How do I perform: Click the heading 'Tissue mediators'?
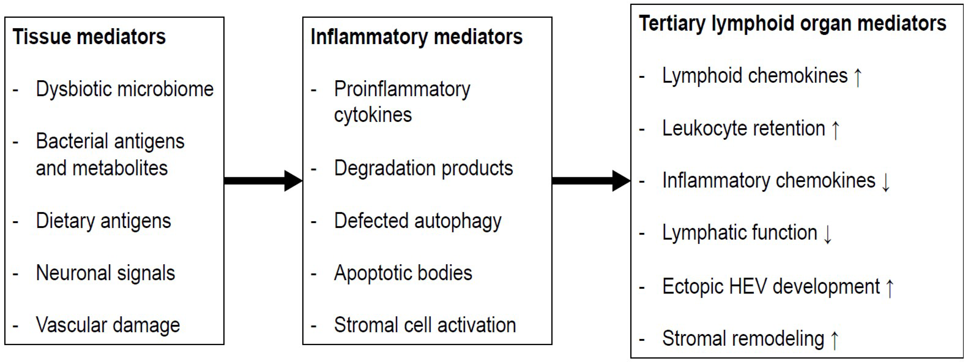tap(89, 37)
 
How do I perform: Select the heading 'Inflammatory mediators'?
tap(416, 37)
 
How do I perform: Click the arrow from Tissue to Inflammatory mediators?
tap(263, 181)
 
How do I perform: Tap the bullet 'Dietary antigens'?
tap(103, 221)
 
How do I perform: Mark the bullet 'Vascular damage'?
tap(108, 325)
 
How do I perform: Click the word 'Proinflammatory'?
tap(402, 90)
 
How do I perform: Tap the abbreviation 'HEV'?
tap(748, 287)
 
